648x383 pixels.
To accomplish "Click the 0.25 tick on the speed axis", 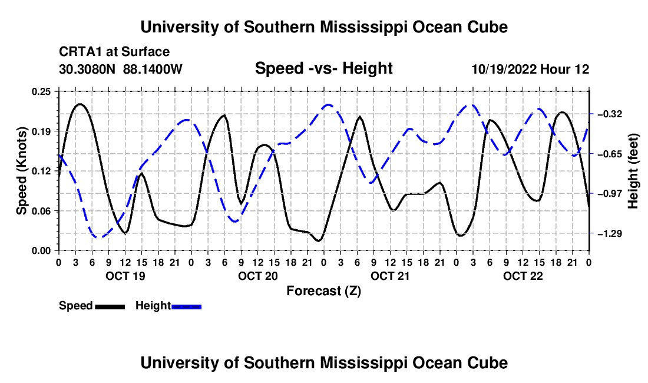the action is point(41,91).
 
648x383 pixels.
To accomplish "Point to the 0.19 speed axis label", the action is point(41,131).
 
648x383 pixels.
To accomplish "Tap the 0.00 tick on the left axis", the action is point(41,251).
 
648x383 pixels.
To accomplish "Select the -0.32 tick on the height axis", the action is point(610,114).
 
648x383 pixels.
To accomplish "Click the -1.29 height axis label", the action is point(610,234).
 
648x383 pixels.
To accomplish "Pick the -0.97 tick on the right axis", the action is point(610,194).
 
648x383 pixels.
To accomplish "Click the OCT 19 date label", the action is point(125,276).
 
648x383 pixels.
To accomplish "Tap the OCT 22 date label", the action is point(523,276).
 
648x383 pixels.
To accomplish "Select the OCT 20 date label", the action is point(258,276).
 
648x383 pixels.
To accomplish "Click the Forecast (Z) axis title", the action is point(324,291).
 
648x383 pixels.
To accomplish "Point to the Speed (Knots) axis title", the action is point(21,171).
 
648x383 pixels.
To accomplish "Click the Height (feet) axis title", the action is point(633,171).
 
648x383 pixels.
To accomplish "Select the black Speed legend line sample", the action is point(110,307).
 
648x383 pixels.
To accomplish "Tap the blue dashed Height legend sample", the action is point(186,307).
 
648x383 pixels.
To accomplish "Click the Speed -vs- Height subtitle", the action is point(324,68).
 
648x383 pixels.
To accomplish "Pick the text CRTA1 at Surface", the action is point(114,52).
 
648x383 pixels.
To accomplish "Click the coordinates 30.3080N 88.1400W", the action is point(121,69).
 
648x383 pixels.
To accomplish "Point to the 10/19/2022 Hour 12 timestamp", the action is point(531,69).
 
